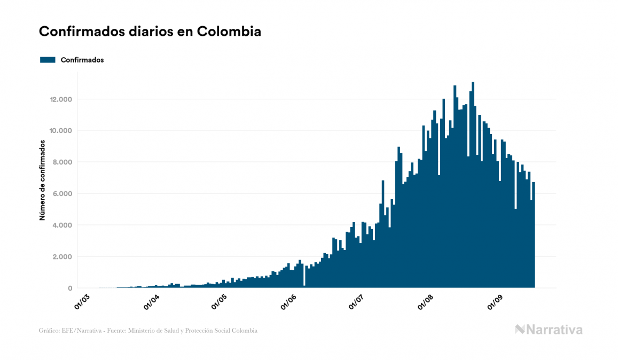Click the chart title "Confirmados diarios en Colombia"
pos(150,32)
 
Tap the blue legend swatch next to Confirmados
pos(48,60)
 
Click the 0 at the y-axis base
pos(70,288)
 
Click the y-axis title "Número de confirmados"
pos(42,181)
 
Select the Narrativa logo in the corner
pos(549,330)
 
